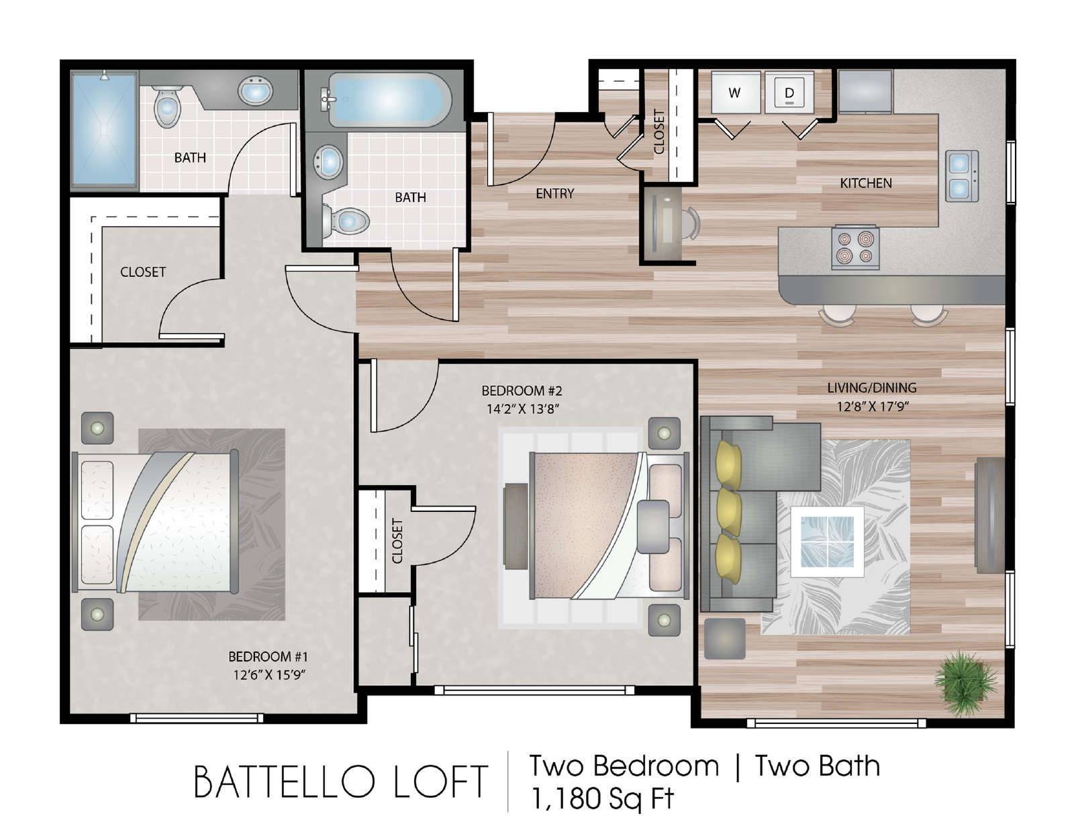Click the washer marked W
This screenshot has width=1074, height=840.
pyautogui.click(x=736, y=93)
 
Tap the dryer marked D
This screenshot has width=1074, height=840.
pyautogui.click(x=789, y=93)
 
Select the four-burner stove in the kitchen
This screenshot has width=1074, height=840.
pyautogui.click(x=855, y=247)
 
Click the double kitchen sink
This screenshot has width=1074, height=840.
pyautogui.click(x=962, y=176)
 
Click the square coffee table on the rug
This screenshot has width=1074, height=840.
pyautogui.click(x=828, y=541)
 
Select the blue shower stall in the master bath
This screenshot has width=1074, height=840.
pyautogui.click(x=104, y=130)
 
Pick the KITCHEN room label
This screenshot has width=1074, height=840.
pyautogui.click(x=866, y=183)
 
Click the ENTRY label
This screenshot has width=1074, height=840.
pyautogui.click(x=555, y=194)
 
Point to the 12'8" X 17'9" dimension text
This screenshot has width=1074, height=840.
pyautogui.click(x=873, y=407)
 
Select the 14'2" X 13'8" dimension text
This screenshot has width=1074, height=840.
pyautogui.click(x=522, y=409)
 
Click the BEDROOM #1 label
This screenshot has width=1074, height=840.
pyautogui.click(x=268, y=656)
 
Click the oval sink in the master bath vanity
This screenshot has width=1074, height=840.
pyautogui.click(x=255, y=91)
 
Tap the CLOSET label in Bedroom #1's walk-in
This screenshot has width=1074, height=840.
pyautogui.click(x=143, y=272)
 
